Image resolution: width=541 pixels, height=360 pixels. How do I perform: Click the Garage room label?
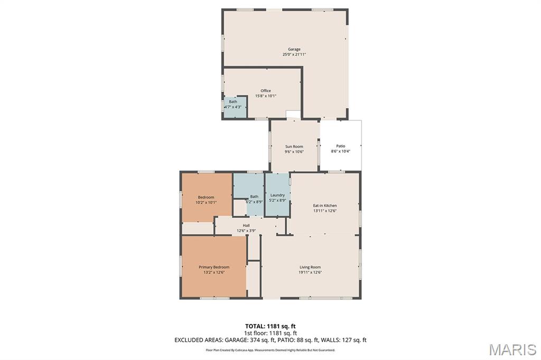click(294, 49)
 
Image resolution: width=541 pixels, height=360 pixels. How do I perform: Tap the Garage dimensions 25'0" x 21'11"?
click(294, 54)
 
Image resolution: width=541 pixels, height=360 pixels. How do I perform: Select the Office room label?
click(265, 91)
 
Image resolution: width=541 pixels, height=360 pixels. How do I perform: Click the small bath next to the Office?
click(233, 104)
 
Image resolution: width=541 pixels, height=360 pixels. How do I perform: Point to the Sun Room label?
click(294, 146)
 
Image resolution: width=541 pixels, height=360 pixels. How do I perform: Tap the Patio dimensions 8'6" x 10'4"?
click(340, 151)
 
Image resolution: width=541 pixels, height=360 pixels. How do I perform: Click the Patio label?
click(340, 146)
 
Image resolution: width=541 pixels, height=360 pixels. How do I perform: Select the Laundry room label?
click(277, 195)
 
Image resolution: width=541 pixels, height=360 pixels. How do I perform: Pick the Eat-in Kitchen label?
click(325, 205)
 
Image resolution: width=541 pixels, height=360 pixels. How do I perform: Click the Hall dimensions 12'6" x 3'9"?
click(246, 230)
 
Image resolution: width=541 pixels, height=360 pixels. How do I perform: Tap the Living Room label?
click(310, 267)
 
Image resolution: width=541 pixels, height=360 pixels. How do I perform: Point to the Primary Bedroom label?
click(214, 267)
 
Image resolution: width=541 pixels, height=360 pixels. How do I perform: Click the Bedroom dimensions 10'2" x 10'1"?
click(206, 202)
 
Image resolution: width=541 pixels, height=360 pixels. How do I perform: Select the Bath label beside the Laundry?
click(254, 197)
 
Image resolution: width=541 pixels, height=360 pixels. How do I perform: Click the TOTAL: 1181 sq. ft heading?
click(270, 326)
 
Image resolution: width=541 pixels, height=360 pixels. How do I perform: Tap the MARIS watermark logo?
click(512, 349)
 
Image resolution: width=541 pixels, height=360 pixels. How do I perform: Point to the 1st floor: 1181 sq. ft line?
click(270, 333)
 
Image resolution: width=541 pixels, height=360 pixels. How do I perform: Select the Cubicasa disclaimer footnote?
click(270, 350)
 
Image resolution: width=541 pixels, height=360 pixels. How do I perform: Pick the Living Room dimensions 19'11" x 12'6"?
click(310, 272)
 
